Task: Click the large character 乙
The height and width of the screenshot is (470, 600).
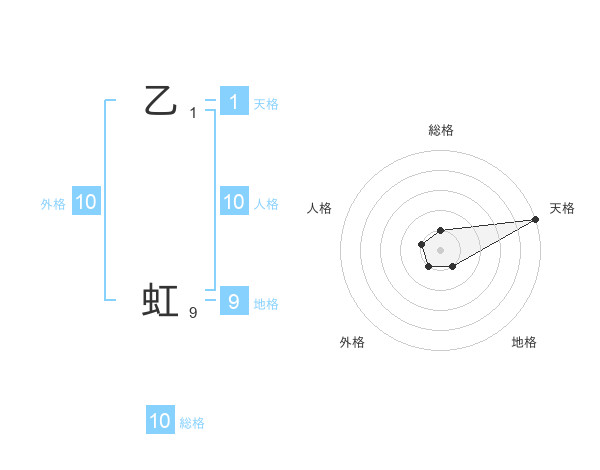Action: click(x=160, y=101)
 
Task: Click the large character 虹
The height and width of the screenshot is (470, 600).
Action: click(x=160, y=300)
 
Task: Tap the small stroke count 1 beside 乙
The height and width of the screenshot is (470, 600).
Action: click(x=193, y=113)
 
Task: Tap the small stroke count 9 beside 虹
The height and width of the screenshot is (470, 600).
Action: click(x=193, y=313)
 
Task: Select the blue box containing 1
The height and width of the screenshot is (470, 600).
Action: click(x=233, y=101)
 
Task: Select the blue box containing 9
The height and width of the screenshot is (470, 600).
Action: click(x=233, y=300)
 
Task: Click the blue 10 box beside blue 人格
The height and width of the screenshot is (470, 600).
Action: click(x=233, y=202)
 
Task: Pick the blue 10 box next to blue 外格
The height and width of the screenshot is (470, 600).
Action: click(x=85, y=202)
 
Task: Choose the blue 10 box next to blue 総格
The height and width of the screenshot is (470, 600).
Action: click(x=160, y=421)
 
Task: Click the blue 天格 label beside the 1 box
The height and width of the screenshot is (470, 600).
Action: click(x=266, y=104)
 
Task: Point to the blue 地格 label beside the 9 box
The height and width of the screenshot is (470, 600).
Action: click(x=266, y=304)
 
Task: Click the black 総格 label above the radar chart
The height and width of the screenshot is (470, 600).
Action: click(x=441, y=130)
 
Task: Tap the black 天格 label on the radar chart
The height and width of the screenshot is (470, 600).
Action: click(x=562, y=208)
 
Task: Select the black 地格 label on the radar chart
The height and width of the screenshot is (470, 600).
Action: click(x=524, y=342)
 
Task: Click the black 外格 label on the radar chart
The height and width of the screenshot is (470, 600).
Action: click(x=352, y=342)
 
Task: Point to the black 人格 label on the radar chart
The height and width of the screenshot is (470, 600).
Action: click(x=320, y=208)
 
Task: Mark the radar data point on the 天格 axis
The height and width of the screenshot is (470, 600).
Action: click(x=536, y=219)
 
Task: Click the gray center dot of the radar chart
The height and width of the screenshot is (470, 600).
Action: click(x=440, y=249)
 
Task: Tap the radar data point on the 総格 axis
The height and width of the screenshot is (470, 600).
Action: click(x=440, y=231)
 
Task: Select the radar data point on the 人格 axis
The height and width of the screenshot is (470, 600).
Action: click(x=422, y=243)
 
